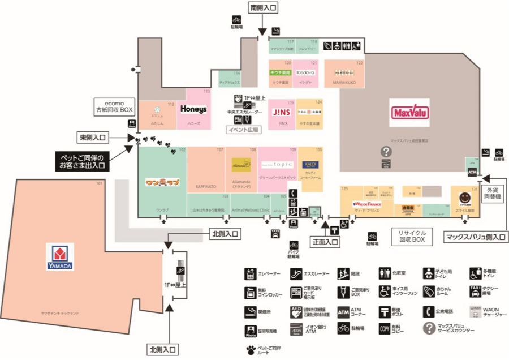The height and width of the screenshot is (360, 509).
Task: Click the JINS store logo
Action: (282, 112)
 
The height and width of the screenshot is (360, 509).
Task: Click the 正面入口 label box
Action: (325, 242)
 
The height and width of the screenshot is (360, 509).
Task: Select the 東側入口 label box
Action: (94, 138)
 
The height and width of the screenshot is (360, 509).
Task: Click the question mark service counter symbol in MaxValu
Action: (386, 152)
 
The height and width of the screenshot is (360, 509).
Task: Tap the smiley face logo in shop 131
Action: (464, 198)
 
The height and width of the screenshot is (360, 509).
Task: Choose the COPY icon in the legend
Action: (385, 328)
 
